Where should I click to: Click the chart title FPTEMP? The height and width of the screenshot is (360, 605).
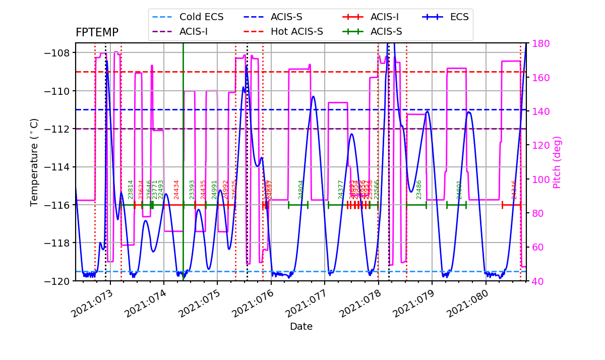point(97,33)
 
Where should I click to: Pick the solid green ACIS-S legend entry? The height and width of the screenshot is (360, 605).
point(373,32)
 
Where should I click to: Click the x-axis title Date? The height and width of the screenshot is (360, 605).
point(301,327)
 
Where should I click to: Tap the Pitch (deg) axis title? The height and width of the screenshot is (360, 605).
point(557,162)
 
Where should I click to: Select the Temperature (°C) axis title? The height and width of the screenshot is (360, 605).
point(34,162)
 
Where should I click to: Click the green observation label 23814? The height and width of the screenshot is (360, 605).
point(131,190)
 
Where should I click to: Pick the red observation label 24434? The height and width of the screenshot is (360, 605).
point(176,190)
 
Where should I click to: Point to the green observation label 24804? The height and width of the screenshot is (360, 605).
point(301,190)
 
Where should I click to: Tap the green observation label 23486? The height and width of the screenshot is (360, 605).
point(419,190)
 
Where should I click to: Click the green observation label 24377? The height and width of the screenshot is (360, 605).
point(341,190)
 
